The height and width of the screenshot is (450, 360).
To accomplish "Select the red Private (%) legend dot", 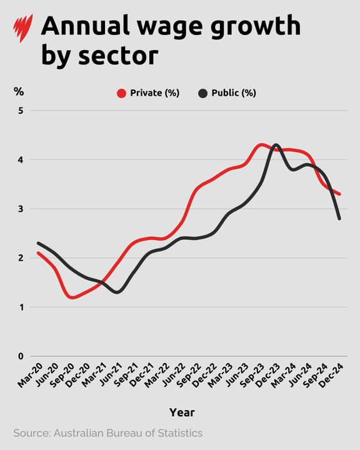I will (x=121, y=94).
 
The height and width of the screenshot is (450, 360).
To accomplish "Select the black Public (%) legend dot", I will (x=203, y=94).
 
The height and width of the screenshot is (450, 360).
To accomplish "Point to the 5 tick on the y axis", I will (x=20, y=111).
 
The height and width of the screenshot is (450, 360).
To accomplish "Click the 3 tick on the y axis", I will (x=20, y=209).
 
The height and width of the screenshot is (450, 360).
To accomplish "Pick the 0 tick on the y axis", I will (x=20, y=356).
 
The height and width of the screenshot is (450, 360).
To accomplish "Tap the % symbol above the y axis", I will (x=19, y=92).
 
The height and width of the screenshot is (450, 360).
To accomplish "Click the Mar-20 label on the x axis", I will (x=30, y=377).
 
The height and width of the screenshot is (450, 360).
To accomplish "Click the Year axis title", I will (x=182, y=412).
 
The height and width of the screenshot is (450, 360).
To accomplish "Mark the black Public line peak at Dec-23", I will (x=276, y=145).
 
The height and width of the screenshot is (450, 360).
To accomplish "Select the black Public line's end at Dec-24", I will (x=339, y=218).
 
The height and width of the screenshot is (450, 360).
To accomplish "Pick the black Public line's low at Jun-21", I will (x=118, y=292).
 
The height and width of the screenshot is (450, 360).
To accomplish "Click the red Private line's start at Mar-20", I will (x=38, y=253).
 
